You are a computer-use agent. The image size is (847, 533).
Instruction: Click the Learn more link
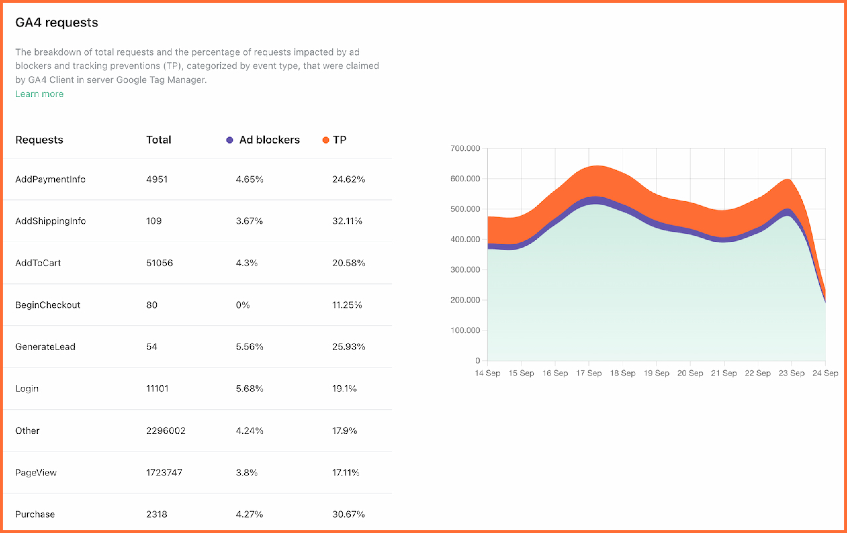coord(39,94)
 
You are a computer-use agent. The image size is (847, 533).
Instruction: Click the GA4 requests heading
coord(57,23)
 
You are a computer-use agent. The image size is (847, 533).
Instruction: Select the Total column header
coord(158,140)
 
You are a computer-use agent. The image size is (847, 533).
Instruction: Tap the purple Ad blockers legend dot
coord(230,140)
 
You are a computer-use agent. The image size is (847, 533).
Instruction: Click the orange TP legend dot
coord(326,140)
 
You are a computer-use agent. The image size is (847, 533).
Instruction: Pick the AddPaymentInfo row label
coord(50,179)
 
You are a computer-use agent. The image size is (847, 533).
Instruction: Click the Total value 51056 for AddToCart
coord(159,263)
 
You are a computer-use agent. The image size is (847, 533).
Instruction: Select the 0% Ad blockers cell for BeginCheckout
coord(243,305)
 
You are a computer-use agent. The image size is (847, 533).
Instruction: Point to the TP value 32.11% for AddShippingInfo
coord(347,221)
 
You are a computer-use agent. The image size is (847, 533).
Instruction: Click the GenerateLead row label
coord(45,347)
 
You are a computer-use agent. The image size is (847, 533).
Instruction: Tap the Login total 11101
coord(157,389)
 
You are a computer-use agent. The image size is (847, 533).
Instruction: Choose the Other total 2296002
coord(166,431)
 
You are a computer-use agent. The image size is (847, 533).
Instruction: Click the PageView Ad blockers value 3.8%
coord(246,472)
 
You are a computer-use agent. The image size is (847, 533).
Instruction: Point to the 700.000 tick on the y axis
coord(465,148)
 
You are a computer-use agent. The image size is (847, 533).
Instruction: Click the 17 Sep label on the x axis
coord(589,373)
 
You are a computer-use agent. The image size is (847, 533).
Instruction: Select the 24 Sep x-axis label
coord(825,373)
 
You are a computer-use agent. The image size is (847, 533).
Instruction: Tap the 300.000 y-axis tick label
coord(465,270)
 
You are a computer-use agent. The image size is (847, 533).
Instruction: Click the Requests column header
coord(39,140)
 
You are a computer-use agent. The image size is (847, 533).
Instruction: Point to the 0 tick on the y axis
coord(477,361)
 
